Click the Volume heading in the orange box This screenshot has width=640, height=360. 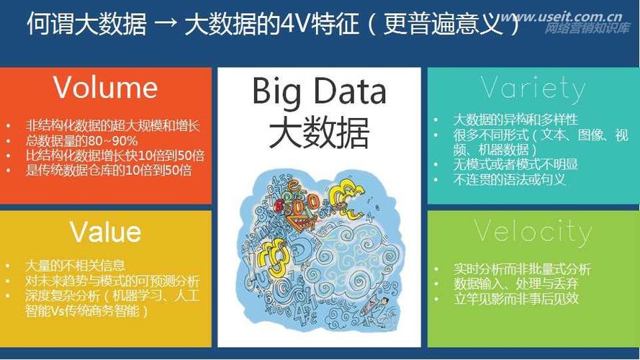pyautogui.click(x=105, y=87)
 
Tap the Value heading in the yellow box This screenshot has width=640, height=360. pyautogui.click(x=105, y=232)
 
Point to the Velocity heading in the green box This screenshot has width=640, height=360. pyautogui.click(x=533, y=233)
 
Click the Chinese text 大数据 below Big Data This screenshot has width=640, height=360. pyautogui.click(x=319, y=132)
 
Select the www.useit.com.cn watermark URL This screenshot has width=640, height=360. pyautogui.click(x=563, y=17)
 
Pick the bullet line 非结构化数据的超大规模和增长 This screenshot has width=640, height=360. pyautogui.click(x=112, y=126)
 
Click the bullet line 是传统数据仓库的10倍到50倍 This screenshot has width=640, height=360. pyautogui.click(x=109, y=170)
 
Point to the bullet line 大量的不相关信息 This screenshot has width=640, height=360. pyautogui.click(x=75, y=266)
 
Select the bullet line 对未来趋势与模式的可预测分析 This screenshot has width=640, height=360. pyautogui.click(x=112, y=281)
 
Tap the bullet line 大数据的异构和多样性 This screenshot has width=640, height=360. pyautogui.click(x=515, y=120)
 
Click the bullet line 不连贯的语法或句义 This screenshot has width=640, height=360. pyautogui.click(x=510, y=179)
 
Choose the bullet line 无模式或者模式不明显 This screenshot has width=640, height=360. pyautogui.click(x=515, y=164)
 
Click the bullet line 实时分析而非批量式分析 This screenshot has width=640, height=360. pyautogui.click(x=522, y=269)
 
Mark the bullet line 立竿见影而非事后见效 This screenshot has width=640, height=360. pyautogui.click(x=516, y=299)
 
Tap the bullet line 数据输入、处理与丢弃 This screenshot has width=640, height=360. pyautogui.click(x=516, y=284)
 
